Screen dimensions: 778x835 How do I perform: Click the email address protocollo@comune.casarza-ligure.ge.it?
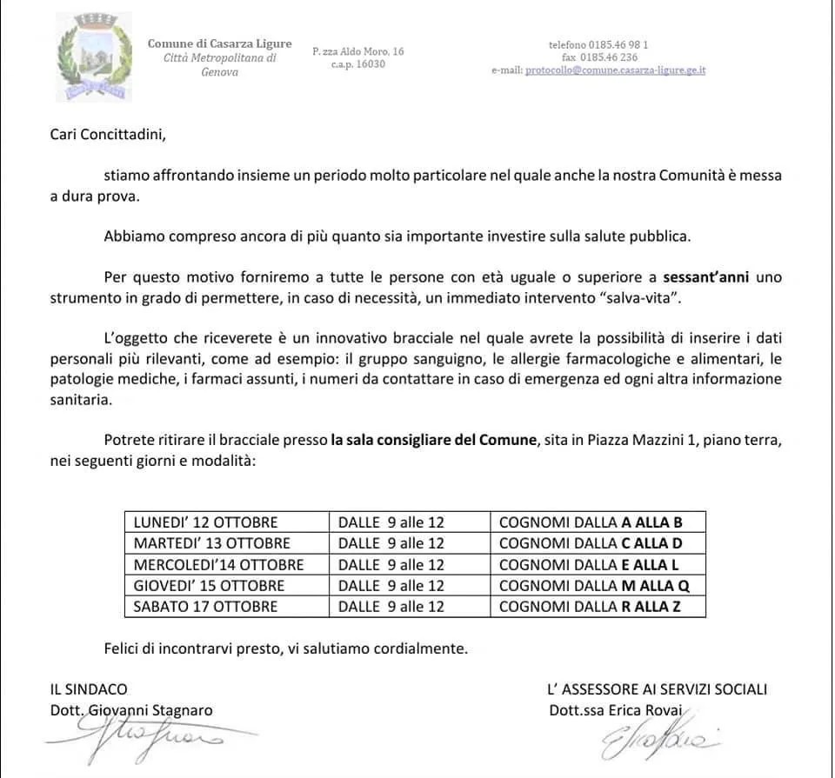point(614,70)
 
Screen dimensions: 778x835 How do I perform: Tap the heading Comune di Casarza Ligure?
point(219,43)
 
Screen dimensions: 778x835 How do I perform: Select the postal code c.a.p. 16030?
point(358,64)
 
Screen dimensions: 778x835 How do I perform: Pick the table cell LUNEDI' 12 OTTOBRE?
point(205,522)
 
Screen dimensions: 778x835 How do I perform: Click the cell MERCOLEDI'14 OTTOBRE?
point(218,564)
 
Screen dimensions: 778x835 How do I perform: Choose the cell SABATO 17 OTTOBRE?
point(205,606)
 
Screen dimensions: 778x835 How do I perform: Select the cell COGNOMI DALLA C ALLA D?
point(591,543)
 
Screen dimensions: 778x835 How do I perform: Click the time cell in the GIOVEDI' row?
point(391,585)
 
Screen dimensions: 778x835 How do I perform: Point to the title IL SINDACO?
point(89,689)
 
